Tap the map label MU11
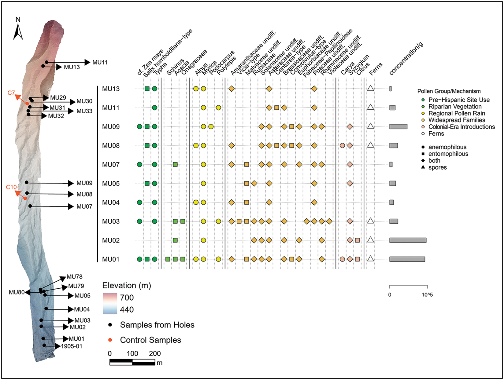(x=100, y=62)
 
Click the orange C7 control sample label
(x=11, y=93)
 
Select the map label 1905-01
(x=72, y=346)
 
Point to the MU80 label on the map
(x=17, y=292)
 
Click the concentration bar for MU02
(x=408, y=240)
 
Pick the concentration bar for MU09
(x=398, y=126)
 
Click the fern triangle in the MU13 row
(x=370, y=88)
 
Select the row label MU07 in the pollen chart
(x=111, y=165)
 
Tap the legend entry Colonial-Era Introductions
(x=461, y=127)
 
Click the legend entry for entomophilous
(x=448, y=154)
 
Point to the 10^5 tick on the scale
(x=427, y=295)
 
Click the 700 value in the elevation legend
(x=127, y=298)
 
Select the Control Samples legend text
(x=150, y=340)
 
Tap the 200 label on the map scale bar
(x=155, y=353)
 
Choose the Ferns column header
(x=376, y=69)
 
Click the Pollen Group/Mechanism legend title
(x=449, y=91)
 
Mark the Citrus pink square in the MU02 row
(x=357, y=240)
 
